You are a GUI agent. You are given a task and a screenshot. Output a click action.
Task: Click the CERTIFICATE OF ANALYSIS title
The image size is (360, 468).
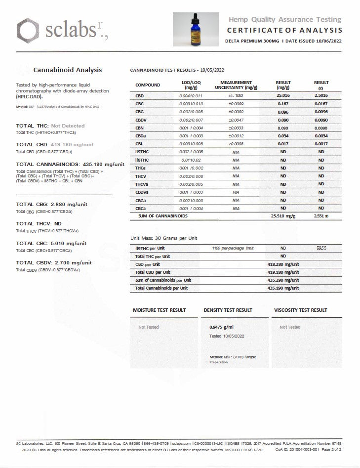tap(284, 30)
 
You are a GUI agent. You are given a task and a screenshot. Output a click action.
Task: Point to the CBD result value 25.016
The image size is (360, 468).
tap(283, 96)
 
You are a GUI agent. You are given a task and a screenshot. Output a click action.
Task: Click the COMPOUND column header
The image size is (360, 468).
tap(148, 85)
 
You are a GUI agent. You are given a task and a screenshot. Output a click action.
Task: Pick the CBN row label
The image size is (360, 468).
tap(139, 128)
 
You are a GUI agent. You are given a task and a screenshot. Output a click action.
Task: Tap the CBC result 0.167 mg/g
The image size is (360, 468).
tap(283, 104)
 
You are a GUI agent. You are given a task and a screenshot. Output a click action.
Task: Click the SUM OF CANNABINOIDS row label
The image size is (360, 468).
tap(162, 216)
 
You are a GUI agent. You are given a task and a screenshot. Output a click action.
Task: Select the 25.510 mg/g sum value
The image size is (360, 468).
tap(283, 216)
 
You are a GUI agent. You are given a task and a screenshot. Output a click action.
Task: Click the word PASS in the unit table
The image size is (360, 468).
tap(321, 248)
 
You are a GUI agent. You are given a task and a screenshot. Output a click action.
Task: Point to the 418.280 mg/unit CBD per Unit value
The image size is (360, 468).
tap(283, 264)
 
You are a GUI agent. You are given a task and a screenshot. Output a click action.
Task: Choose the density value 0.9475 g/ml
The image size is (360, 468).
tap(222, 327)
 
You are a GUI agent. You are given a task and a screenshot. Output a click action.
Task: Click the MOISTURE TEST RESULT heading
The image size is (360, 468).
tap(160, 310)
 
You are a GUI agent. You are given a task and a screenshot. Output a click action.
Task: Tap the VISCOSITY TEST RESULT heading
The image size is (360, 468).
tap(300, 310)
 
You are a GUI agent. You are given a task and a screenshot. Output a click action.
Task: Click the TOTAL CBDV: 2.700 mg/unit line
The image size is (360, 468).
tap(54, 263)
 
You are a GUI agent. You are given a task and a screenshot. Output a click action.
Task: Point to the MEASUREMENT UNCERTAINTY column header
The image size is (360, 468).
tap(236, 85)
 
